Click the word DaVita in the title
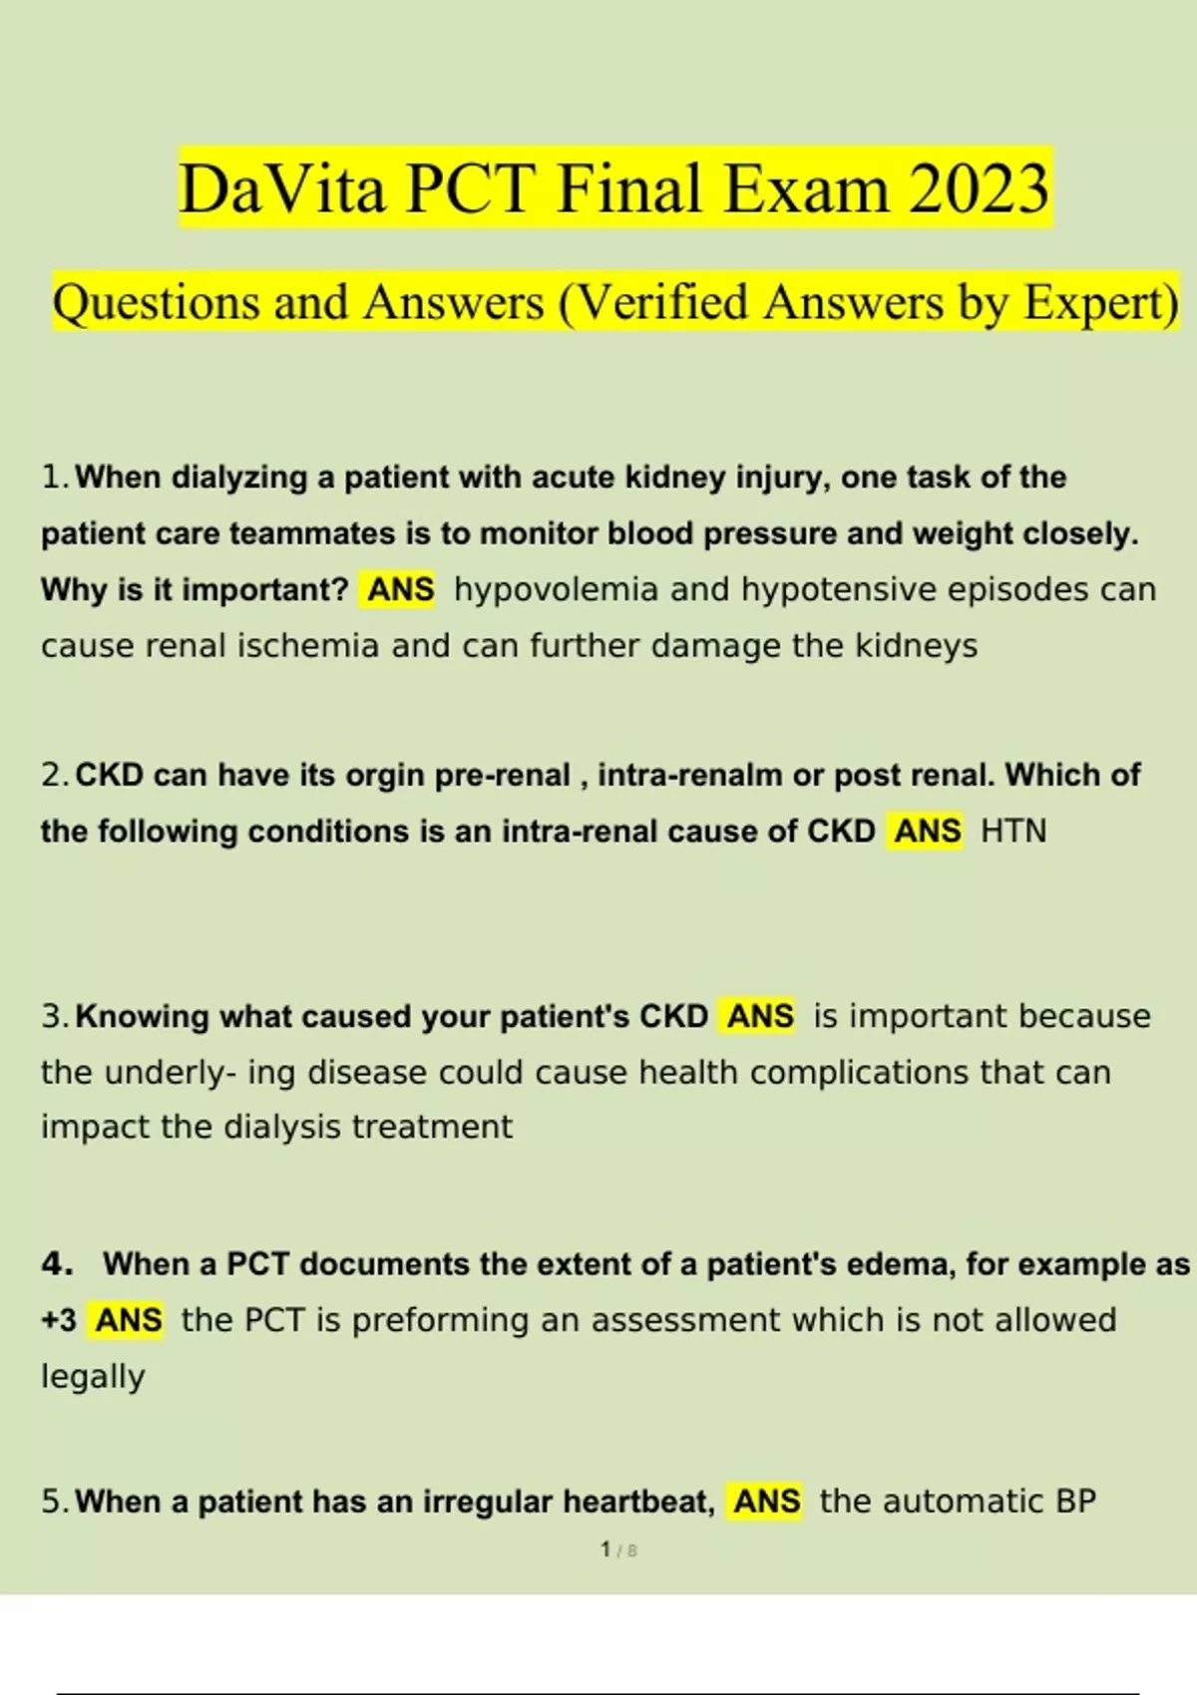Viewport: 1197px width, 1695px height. tap(282, 189)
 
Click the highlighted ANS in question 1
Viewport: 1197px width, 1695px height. tap(401, 589)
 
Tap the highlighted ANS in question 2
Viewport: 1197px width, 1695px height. tap(927, 832)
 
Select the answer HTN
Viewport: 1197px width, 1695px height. tap(1013, 832)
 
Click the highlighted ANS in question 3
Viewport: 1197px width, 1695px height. tap(759, 1016)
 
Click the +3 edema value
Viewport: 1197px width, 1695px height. tap(59, 1320)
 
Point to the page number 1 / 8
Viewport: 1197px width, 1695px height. tap(618, 1550)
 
